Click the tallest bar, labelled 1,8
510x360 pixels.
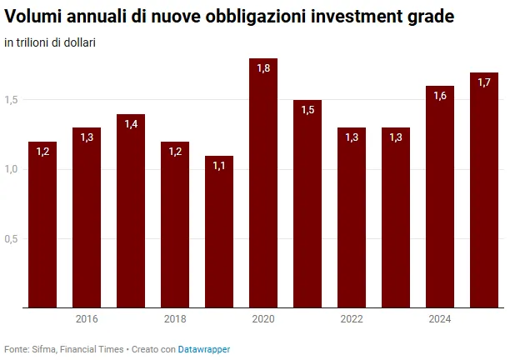coord(263,182)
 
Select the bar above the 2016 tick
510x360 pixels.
coord(87,217)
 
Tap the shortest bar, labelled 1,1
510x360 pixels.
coord(219,232)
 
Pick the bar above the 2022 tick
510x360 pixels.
coord(352,217)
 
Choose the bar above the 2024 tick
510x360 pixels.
coord(440,197)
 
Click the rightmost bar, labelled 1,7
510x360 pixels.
coord(484,190)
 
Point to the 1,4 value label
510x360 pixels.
coord(131,124)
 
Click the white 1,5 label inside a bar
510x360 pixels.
coord(307,110)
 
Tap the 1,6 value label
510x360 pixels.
coord(440,96)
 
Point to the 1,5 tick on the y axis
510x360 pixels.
coord(11,100)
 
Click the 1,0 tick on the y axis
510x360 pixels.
coord(11,169)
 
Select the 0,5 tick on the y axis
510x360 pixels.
coord(11,239)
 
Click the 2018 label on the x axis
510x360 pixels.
coord(175,319)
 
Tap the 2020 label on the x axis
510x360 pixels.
coord(263,319)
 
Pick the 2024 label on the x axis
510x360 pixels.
coord(440,319)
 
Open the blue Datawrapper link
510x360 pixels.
coord(204,349)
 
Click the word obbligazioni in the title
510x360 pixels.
coord(256,17)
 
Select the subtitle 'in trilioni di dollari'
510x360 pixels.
coord(50,42)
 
